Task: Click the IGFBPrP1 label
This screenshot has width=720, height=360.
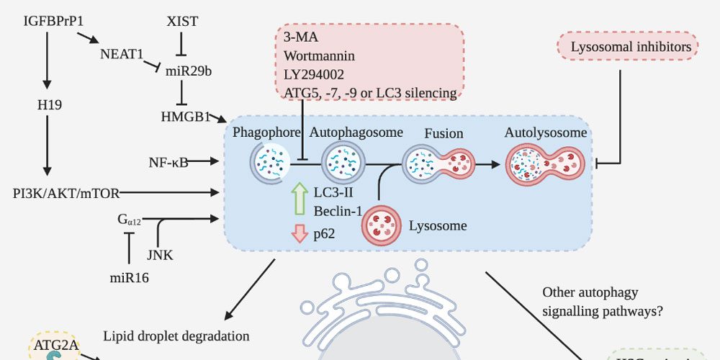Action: pos(48,21)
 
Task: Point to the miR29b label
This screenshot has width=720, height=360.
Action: pos(188,72)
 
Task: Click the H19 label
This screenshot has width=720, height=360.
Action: pos(50,105)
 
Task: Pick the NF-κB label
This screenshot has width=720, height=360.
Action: pos(168,162)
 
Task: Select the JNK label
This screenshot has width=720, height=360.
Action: pos(159,254)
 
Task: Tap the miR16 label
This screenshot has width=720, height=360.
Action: pos(129,277)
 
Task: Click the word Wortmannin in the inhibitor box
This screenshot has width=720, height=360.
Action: pos(319,55)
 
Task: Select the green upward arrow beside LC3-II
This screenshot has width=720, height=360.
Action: pos(300,199)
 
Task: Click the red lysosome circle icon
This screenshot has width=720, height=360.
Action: pos(382,223)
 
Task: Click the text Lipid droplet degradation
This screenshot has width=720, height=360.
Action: pos(176,336)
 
